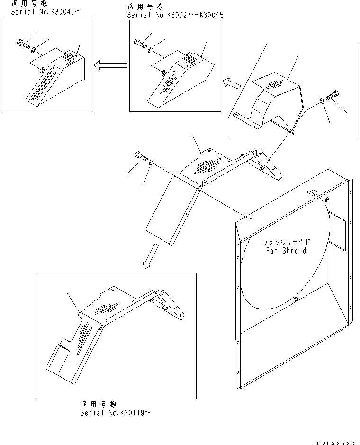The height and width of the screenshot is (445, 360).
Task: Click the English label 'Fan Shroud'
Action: tap(286, 251)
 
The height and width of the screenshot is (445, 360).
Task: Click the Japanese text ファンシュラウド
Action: tap(286, 243)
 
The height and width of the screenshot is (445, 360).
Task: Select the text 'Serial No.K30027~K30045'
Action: tap(175, 15)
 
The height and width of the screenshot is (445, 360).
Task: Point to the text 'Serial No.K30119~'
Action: tap(116, 413)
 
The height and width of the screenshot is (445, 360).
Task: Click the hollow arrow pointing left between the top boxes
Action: tap(111, 66)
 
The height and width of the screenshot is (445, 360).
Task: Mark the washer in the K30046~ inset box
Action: tap(33, 49)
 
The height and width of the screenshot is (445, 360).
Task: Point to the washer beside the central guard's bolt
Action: tap(150, 163)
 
